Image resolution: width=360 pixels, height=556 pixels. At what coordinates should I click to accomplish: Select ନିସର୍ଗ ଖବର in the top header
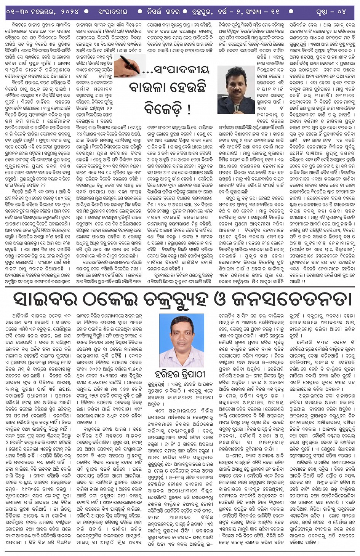click(x=163, y=12)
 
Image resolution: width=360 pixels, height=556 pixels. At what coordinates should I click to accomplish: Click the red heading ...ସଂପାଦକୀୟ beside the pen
click(x=176, y=70)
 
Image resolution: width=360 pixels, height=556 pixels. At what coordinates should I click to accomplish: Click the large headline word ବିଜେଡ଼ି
click(x=165, y=109)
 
